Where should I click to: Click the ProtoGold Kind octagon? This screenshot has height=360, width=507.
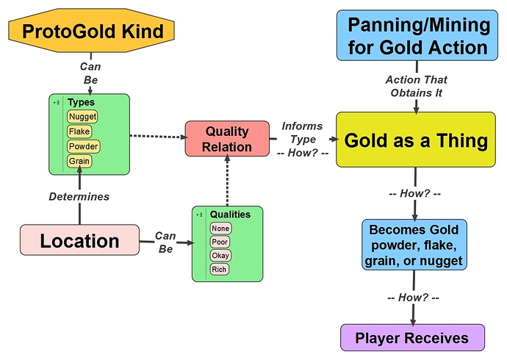(x=92, y=31)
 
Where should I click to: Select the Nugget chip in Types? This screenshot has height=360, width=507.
(x=82, y=117)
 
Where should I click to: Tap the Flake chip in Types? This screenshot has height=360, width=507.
(x=79, y=132)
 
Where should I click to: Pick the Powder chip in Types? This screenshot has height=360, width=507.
(x=84, y=146)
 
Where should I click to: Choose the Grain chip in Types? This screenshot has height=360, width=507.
(x=79, y=161)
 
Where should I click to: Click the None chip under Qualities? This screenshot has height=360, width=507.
(x=220, y=228)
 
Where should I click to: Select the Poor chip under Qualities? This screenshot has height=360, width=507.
(x=220, y=242)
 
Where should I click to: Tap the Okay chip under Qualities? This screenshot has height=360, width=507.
(x=220, y=256)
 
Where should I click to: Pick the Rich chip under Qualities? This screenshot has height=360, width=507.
(x=219, y=269)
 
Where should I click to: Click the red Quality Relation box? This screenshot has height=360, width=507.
(x=227, y=139)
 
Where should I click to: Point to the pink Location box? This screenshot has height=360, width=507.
(x=80, y=240)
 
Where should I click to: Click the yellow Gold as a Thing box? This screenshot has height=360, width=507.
(x=416, y=140)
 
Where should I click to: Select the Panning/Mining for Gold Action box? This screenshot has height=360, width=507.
(x=417, y=35)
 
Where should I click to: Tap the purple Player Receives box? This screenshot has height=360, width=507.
(x=413, y=338)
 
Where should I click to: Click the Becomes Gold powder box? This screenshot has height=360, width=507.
(x=414, y=245)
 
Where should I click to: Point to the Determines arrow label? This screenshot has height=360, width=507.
(x=79, y=196)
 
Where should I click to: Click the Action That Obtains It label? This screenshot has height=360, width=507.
(x=417, y=86)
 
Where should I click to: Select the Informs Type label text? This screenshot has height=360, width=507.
(x=302, y=132)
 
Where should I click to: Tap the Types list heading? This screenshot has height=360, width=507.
(x=81, y=102)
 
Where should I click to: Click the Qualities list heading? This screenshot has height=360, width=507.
(x=230, y=215)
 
